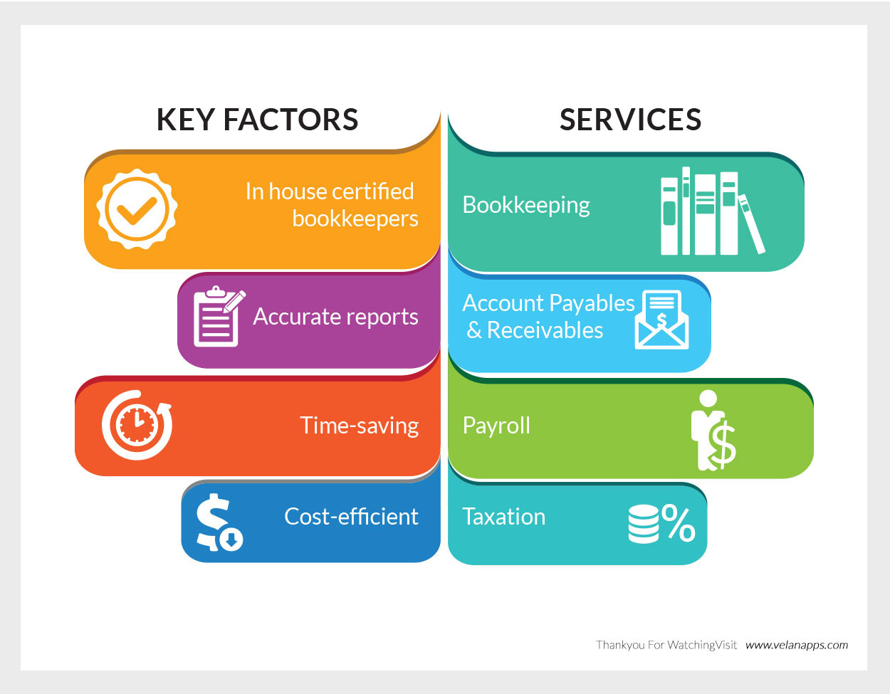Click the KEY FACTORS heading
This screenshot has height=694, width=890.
(257, 120)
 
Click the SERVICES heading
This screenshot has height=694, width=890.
(630, 120)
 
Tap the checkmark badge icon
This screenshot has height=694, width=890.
(137, 209)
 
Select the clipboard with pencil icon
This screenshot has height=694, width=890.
(219, 316)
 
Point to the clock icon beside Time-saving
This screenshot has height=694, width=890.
(137, 425)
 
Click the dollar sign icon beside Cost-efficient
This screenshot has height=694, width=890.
(219, 522)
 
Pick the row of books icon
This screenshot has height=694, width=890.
(713, 211)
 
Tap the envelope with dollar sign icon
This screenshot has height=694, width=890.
(661, 320)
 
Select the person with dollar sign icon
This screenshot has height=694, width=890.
(713, 430)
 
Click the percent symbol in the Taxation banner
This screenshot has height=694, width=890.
(678, 522)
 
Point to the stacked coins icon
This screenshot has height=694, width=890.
(644, 524)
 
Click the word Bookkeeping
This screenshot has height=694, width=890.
(526, 206)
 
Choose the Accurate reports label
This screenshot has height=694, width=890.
(335, 317)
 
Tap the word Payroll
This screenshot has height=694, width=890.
(496, 426)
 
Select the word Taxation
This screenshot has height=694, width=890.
(504, 517)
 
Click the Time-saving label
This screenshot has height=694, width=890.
(359, 426)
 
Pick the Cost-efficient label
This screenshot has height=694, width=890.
(351, 517)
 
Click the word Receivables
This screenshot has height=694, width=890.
(545, 330)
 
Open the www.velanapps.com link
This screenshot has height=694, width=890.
(796, 646)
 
